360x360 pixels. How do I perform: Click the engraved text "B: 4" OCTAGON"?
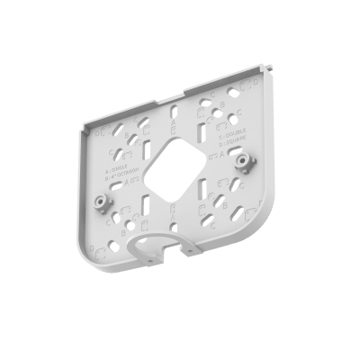tap(119, 174)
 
